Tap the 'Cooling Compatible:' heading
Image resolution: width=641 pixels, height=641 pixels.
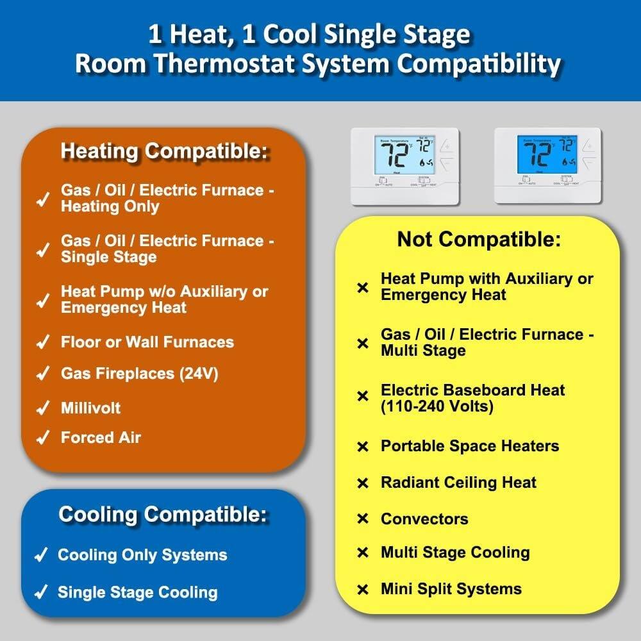point(163,514)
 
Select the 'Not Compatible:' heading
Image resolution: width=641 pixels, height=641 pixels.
point(479,239)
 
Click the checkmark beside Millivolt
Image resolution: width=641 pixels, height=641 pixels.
point(43,408)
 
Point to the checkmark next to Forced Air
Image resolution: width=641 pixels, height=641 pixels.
point(43,438)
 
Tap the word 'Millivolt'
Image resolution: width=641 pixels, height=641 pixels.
point(90,408)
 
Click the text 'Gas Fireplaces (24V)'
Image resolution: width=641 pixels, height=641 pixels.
point(139,374)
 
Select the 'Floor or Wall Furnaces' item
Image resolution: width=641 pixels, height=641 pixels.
point(147,342)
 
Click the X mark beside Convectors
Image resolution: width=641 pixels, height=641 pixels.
point(363,519)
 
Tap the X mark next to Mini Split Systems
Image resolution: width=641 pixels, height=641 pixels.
point(363,589)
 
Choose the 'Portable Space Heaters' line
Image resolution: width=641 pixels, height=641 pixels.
point(469,445)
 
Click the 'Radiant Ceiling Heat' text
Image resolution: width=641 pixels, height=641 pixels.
point(458,482)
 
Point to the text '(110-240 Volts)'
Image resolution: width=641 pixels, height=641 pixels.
point(437,406)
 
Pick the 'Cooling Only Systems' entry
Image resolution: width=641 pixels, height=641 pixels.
point(142,554)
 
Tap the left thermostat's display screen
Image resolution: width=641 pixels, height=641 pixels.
point(404,154)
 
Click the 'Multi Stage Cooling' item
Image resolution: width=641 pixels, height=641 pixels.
point(455,553)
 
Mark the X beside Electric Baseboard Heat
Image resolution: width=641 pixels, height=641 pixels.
point(363,397)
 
